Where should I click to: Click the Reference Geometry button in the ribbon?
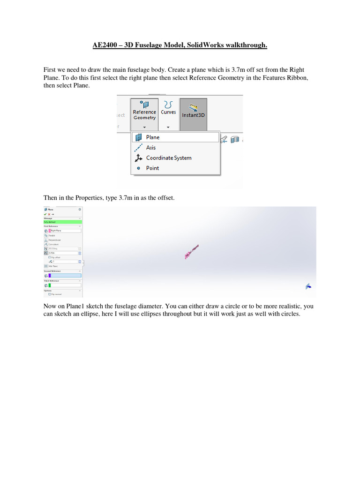pyautogui.click(x=144, y=112)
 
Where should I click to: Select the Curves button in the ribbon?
pyautogui.click(x=168, y=111)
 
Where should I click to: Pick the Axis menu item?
pyautogui.click(x=150, y=148)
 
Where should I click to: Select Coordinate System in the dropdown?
pyautogui.click(x=168, y=158)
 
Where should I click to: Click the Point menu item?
pyautogui.click(x=152, y=168)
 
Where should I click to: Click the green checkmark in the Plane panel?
pyautogui.click(x=45, y=214)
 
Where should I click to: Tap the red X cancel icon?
pyautogui.click(x=49, y=214)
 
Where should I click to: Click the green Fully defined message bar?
pyautogui.click(x=62, y=222)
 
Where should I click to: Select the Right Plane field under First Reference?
pyautogui.click(x=65, y=231)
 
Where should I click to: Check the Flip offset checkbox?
pyautogui.click(x=50, y=257)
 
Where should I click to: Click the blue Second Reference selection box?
pyautogui.click(x=65, y=276)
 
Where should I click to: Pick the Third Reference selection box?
pyautogui.click(x=65, y=285)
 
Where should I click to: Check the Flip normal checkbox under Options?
pyautogui.click(x=50, y=294)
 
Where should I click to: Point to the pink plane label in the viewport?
pyautogui.click(x=191, y=251)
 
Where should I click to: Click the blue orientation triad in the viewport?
pyautogui.click(x=308, y=286)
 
